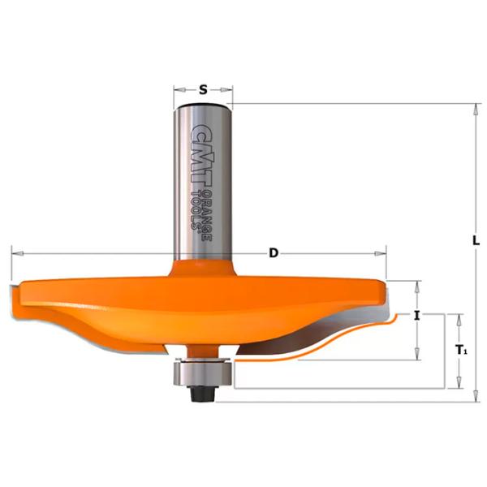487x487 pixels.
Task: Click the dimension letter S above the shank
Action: [x=203, y=90]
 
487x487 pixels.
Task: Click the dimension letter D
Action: [x=274, y=253]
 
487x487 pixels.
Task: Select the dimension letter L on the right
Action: [x=476, y=240]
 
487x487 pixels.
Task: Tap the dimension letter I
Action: [x=417, y=317]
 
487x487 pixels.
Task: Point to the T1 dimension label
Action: [x=462, y=351]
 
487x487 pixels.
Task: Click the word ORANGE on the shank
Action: [x=207, y=216]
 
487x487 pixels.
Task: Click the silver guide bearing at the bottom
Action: [x=202, y=373]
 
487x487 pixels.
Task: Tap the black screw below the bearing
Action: [x=202, y=394]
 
